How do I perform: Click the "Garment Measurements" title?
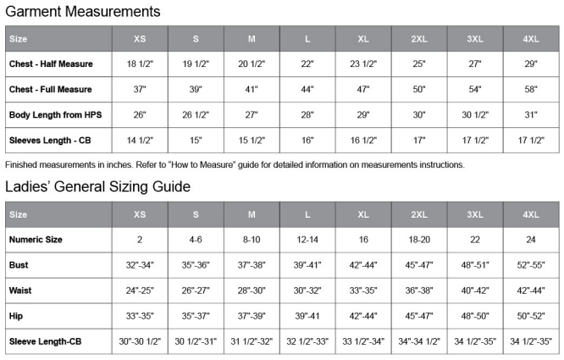[x=83, y=12]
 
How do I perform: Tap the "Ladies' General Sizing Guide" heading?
[x=97, y=186]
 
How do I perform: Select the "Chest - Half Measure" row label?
[x=51, y=64]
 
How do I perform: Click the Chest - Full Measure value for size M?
[x=252, y=90]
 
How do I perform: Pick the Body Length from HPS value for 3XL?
[x=475, y=114]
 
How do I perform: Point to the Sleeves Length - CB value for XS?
[x=140, y=140]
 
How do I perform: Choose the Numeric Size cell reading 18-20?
[x=419, y=240]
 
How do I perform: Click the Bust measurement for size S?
[x=196, y=265]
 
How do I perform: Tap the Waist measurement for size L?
[x=307, y=291]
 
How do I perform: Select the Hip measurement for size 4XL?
[x=531, y=316]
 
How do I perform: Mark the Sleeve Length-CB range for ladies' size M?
[x=252, y=341]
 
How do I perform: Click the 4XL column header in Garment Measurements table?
[x=531, y=39]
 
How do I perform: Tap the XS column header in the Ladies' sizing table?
[x=140, y=214]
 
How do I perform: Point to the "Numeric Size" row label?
[x=36, y=240]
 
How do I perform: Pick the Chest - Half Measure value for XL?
[x=363, y=64]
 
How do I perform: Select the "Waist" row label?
[x=21, y=291]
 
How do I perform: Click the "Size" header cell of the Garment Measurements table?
[x=19, y=39]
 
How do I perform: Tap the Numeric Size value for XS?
[x=140, y=240]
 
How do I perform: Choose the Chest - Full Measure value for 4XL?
[x=531, y=90]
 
